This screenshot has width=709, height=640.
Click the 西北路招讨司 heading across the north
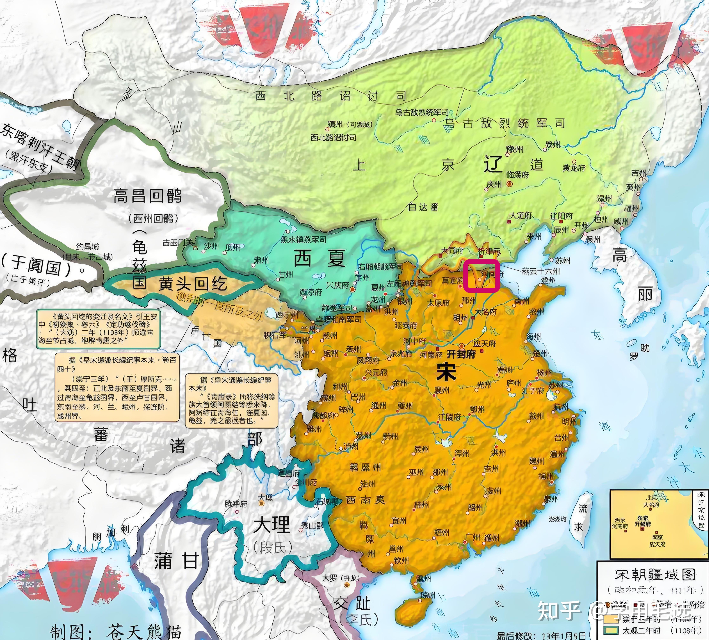point(331,96)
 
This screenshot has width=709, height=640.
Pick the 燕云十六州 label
point(541,271)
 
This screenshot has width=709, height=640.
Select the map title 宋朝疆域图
point(655,575)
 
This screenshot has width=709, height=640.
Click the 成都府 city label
point(323,415)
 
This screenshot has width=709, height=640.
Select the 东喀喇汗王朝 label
point(39,148)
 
